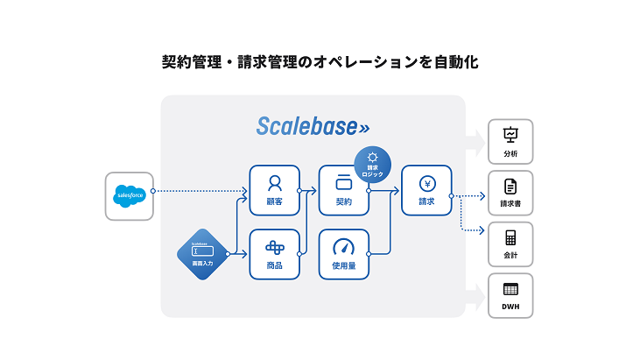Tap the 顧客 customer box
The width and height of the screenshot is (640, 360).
pyautogui.click(x=274, y=190)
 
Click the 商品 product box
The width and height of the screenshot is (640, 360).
pyautogui.click(x=274, y=254)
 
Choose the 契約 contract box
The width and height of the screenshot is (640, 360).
pyautogui.click(x=343, y=190)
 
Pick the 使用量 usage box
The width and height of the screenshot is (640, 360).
pyautogui.click(x=343, y=254)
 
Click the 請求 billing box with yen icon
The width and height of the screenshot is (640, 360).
pyautogui.click(x=425, y=190)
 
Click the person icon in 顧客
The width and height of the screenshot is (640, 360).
pyautogui.click(x=274, y=183)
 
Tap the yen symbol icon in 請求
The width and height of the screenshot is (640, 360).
pyautogui.click(x=425, y=184)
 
